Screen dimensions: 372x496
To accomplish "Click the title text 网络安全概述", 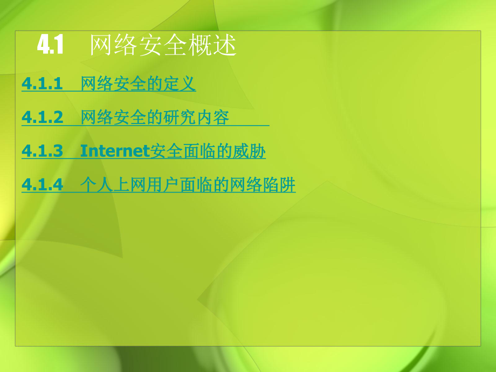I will (162, 46).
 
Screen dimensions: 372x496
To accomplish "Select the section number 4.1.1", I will (43, 84).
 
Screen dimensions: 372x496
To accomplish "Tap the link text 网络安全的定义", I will (138, 84).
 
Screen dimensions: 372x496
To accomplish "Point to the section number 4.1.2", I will (43, 118).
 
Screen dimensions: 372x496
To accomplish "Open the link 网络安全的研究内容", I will (155, 118).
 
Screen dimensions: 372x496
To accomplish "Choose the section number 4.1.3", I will (43, 151).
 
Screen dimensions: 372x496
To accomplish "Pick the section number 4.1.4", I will (43, 185).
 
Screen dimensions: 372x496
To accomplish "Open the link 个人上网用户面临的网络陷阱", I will (188, 185).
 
